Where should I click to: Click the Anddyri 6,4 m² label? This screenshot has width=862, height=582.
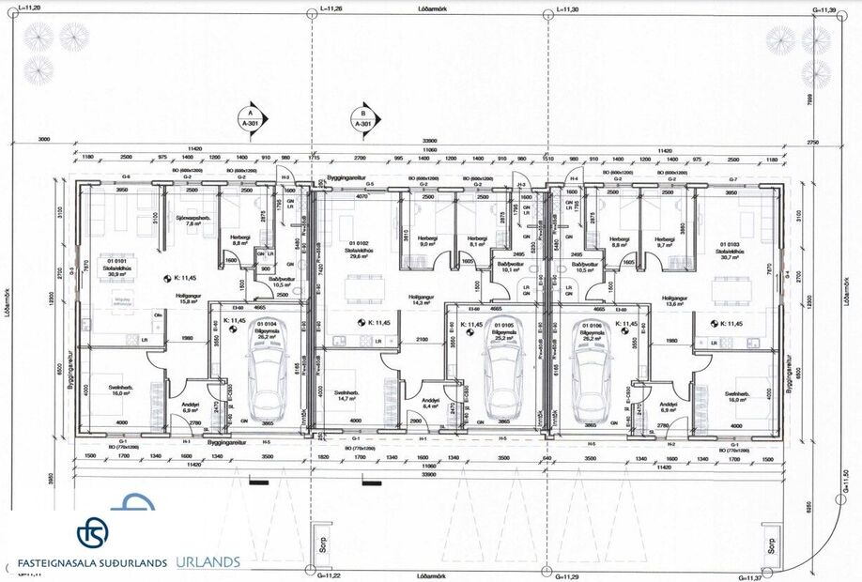tap(432, 404)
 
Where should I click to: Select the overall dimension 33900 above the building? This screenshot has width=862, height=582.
tap(431, 140)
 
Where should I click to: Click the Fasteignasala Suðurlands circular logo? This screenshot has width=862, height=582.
tap(92, 532)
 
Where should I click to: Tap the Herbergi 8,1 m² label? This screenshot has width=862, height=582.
tap(479, 241)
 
